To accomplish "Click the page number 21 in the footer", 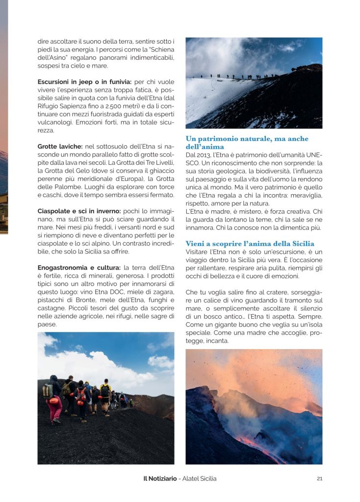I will (x=319, y=479).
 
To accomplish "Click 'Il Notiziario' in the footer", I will (x=156, y=479).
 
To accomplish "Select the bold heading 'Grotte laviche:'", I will (x=60, y=146).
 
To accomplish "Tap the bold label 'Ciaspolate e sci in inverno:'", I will (x=79, y=211).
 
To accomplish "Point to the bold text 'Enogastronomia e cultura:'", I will (x=79, y=267).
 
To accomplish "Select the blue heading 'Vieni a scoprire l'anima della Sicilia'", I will (x=250, y=244).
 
